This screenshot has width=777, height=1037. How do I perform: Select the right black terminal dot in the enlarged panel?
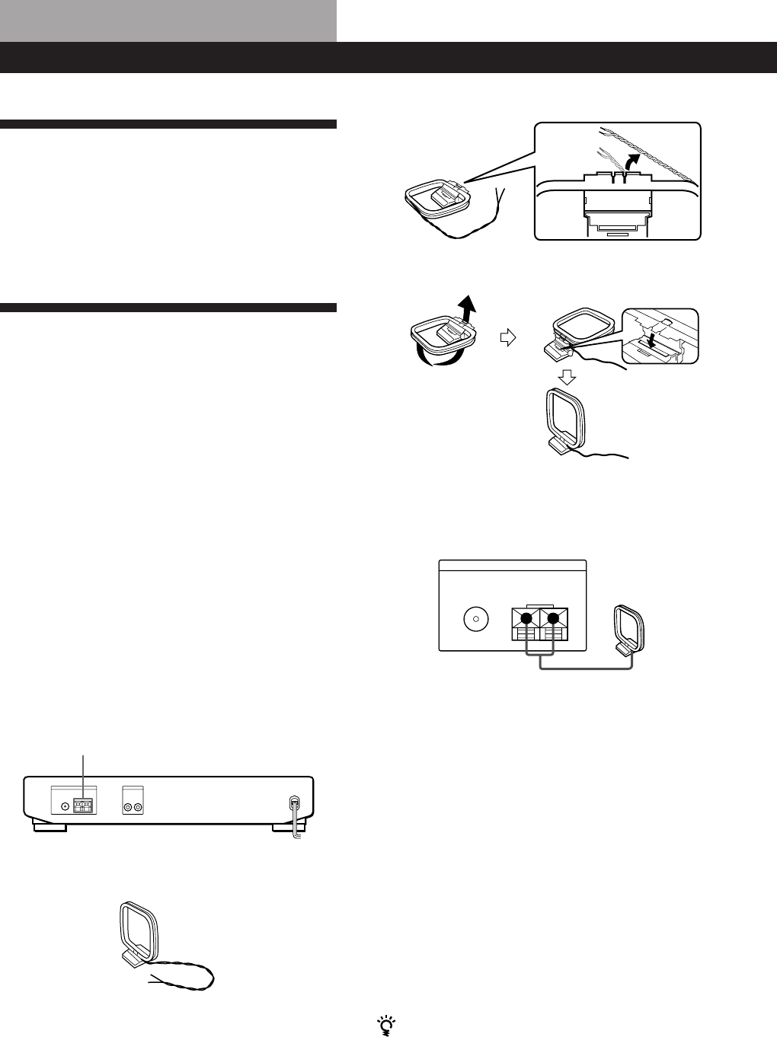(x=554, y=618)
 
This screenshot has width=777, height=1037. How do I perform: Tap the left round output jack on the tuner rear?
(x=128, y=806)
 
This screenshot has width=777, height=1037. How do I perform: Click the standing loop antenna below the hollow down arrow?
(x=565, y=420)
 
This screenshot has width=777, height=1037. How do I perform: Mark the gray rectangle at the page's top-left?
(x=168, y=21)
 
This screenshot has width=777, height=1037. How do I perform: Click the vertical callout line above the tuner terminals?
(x=82, y=774)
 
